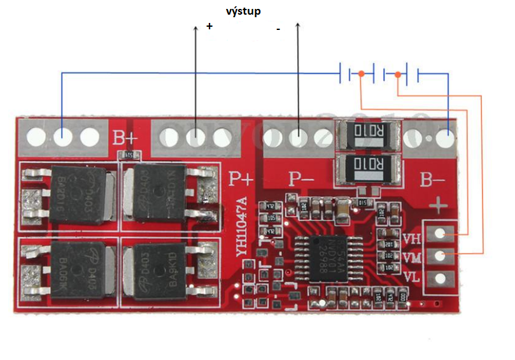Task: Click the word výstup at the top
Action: pos(243,11)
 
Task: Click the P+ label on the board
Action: pos(241,179)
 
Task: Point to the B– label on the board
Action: pos(434,180)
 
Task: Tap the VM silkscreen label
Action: pos(412,257)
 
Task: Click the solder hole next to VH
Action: pos(439,234)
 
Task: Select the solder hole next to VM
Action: pos(439,256)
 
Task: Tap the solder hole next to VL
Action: pos(439,278)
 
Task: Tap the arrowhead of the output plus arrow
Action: pos(195,28)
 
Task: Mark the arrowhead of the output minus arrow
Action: pos(298,25)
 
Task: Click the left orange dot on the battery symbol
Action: pos(361,75)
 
